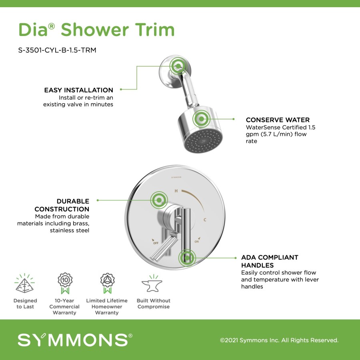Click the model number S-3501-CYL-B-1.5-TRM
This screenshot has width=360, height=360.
coord(57,50)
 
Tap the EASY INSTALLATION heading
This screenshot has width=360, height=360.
coord(78,90)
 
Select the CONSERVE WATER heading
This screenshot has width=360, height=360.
coord(278,120)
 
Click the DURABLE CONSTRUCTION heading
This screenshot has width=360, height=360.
coord(62,205)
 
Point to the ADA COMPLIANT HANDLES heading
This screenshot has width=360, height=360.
coord(270,261)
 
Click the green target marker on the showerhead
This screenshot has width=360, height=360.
coord(201,119)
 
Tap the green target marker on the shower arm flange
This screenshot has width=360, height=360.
coord(178,66)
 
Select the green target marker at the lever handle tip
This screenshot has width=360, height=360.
coord(187,258)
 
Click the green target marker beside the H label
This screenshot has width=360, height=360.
coord(159,200)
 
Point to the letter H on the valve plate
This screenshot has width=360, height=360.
coord(176,191)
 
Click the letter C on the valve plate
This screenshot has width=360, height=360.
coord(205,220)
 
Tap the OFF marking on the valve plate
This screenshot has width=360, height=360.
coord(156,243)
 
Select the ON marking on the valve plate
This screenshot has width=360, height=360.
coord(196,241)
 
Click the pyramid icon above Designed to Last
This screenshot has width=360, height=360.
coord(24,283)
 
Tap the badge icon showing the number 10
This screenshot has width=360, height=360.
coord(65,283)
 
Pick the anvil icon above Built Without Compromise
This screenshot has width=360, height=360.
coord(152,283)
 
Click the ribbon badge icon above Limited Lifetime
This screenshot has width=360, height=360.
coord(107,283)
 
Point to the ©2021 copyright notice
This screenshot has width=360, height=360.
coord(279,340)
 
